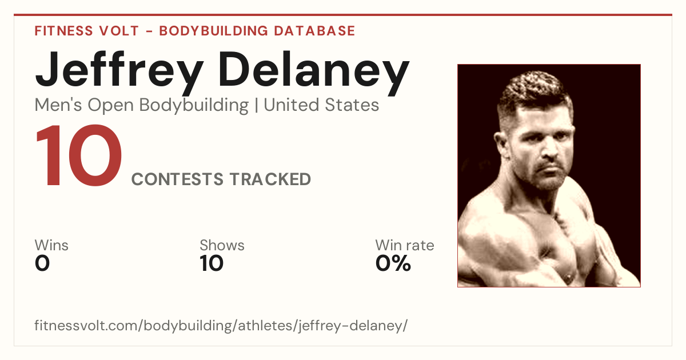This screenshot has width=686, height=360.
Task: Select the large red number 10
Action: coord(79,155)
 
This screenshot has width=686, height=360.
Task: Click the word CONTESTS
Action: coord(177,179)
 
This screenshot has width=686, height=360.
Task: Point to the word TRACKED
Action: coord(270,179)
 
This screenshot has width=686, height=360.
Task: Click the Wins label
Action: coord(51,245)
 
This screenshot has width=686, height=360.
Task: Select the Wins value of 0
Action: coord(42,263)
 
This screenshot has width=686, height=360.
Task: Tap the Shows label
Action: coord(222,245)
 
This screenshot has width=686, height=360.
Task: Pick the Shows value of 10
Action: coord(212,263)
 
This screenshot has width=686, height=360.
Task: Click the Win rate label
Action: coord(405,245)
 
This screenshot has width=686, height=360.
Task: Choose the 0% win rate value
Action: coord(393,263)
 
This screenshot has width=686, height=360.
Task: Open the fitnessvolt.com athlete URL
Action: coord(221,325)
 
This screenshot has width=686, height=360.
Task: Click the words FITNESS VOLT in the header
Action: coord(87,31)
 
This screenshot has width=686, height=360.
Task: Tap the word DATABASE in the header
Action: coord(314,31)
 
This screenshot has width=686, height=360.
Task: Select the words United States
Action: coord(321,105)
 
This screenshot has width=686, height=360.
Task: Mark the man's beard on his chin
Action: coord(550,181)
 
